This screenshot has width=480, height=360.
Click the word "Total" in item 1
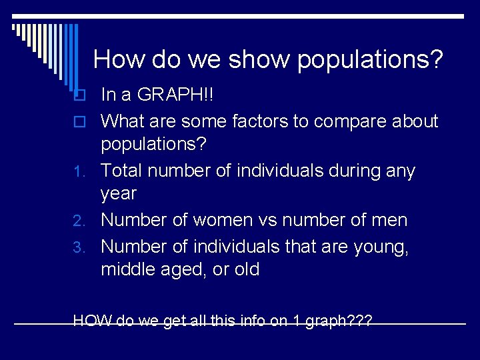122,171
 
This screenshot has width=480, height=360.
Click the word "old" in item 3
244,270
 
